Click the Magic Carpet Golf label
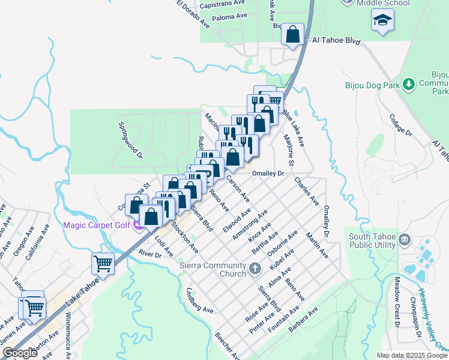pyautogui.click(x=97, y=225)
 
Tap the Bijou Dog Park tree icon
pyautogui.click(x=409, y=84)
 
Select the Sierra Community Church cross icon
pyautogui.click(x=255, y=268)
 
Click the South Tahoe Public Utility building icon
pyautogui.click(x=403, y=241)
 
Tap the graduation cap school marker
pyautogui.click(x=381, y=21)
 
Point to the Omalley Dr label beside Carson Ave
pyautogui.click(x=267, y=173)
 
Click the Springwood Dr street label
pyautogui.click(x=130, y=141)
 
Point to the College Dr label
pyautogui.click(x=401, y=124)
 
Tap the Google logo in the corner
pyautogui.click(x=20, y=353)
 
